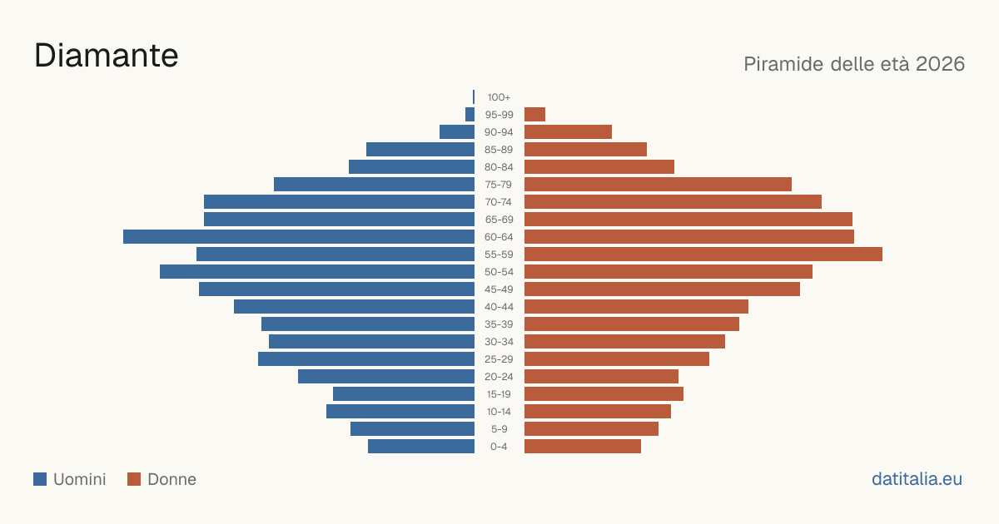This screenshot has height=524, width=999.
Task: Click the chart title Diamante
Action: pyautogui.click(x=107, y=56)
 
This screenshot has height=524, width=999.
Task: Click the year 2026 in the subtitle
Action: pyautogui.click(x=940, y=64)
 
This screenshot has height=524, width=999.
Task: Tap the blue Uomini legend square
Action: pyautogui.click(x=40, y=479)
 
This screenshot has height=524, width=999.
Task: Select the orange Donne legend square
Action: pyautogui.click(x=134, y=479)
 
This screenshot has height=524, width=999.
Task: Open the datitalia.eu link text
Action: pyautogui.click(x=917, y=479)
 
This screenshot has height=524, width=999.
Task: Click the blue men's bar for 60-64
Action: pyautogui.click(x=299, y=236)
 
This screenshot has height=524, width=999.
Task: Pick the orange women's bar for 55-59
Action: pyautogui.click(x=703, y=254)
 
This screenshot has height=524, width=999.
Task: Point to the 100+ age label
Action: pyautogui.click(x=499, y=97)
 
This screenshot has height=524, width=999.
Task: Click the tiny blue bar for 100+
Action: pyautogui.click(x=474, y=96)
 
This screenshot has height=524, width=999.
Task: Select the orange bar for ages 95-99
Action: pyautogui.click(x=534, y=115)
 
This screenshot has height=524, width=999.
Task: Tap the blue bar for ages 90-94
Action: pyautogui.click(x=457, y=132)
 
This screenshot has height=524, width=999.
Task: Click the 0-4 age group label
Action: pyautogui.click(x=499, y=447)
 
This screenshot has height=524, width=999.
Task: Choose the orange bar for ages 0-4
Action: pyautogui.click(x=583, y=447)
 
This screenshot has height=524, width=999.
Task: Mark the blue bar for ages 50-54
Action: pyautogui.click(x=317, y=272)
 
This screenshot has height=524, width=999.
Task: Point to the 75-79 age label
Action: pyautogui.click(x=499, y=185)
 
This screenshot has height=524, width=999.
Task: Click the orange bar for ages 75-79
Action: pyautogui.click(x=658, y=185)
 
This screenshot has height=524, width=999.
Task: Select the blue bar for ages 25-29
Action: pyautogui.click(x=366, y=359)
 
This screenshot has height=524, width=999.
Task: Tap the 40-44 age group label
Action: pyautogui.click(x=499, y=307)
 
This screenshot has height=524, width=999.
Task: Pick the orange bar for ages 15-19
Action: pyautogui.click(x=604, y=394)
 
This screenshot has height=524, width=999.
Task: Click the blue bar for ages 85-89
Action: pyautogui.click(x=420, y=149)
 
